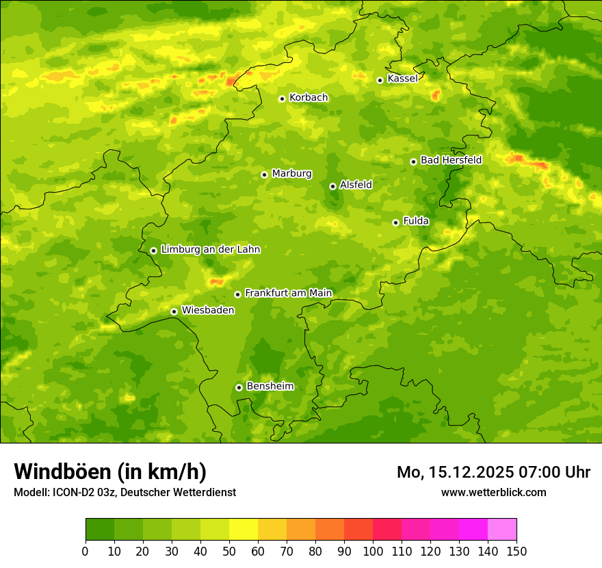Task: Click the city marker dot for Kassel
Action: pos(380,80)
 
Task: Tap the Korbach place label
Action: pos(309,98)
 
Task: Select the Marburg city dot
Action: pos(264,175)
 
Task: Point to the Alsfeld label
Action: pos(356,185)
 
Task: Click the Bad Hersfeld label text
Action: pos(451,160)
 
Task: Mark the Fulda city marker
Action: pos(395,222)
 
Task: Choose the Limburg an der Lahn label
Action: pos(210,250)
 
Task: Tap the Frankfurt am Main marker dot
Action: pos(237,294)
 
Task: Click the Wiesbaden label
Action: pos(208,310)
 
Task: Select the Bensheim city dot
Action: pos(239,387)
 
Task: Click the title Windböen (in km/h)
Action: pos(110,472)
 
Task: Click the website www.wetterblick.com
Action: pos(493,492)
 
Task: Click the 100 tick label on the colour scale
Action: pos(373,552)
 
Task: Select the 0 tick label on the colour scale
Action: pos(86,552)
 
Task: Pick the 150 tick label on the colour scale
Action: pos(516,552)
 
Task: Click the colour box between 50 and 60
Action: pos(244,530)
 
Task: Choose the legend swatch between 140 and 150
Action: pos(502,530)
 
